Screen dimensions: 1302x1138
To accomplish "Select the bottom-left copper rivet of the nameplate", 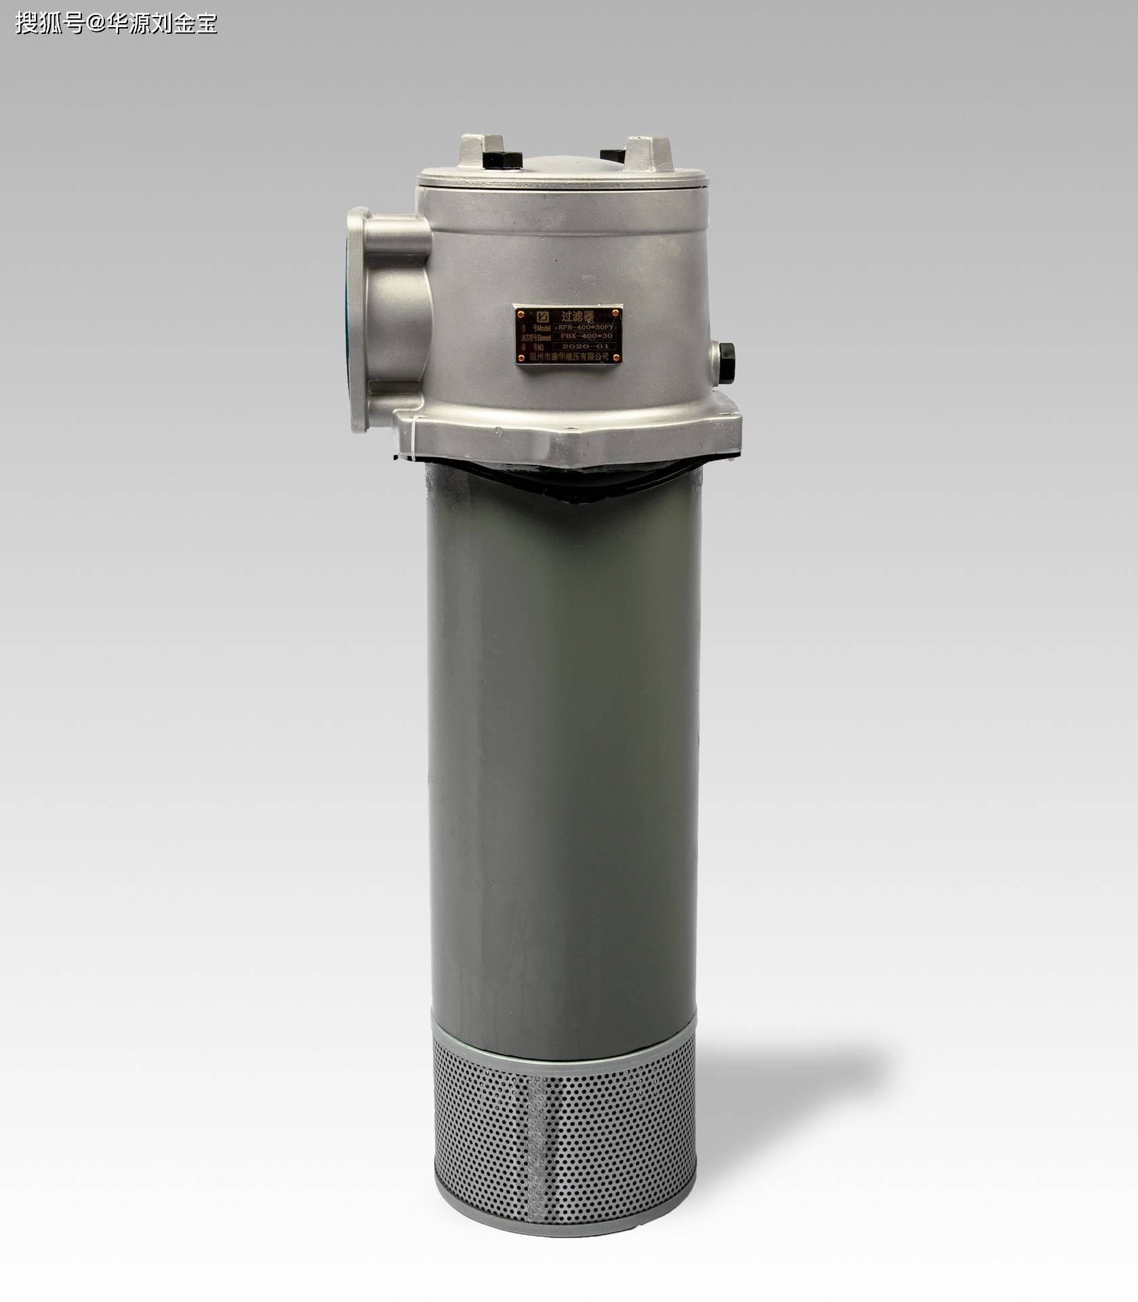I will click(x=521, y=358).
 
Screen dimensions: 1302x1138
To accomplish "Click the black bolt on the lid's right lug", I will click(x=614, y=155).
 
